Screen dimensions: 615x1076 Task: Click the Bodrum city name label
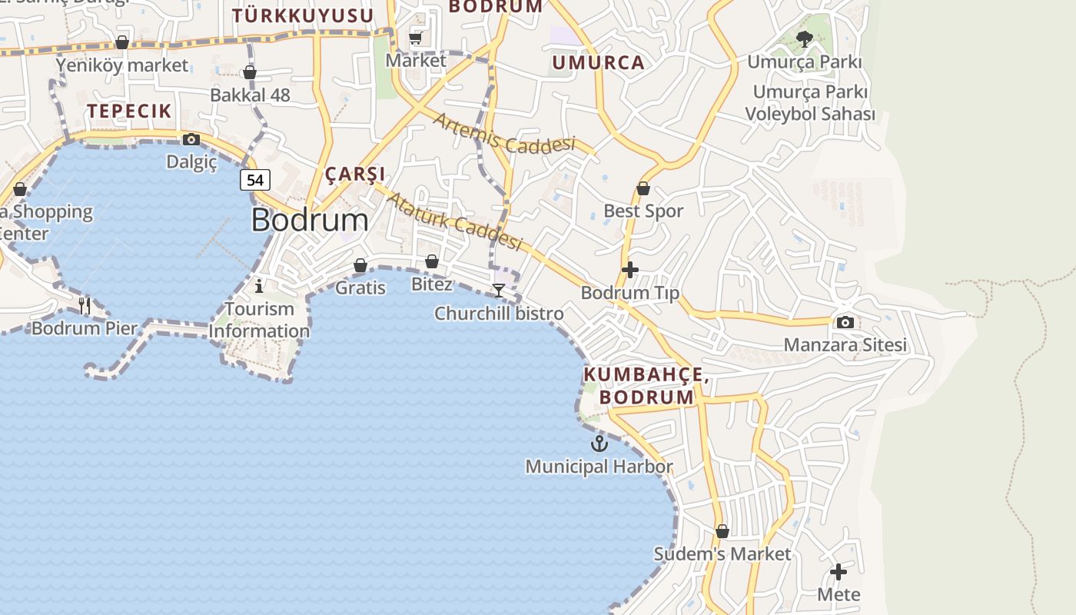[310, 221]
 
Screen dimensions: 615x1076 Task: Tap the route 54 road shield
[255, 180]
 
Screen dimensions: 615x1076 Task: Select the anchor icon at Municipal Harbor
[599, 444]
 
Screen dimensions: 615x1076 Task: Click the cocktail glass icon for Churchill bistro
[499, 291]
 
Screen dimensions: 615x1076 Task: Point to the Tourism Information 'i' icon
[259, 286]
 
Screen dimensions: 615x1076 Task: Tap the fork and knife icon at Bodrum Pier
[85, 306]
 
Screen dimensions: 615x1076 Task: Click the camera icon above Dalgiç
[191, 139]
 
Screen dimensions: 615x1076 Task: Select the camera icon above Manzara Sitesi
[845, 322]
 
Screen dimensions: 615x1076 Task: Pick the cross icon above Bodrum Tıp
[630, 270]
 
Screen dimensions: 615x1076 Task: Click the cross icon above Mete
[839, 572]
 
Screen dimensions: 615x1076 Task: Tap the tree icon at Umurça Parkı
[805, 38]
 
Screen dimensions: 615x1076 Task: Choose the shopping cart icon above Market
[416, 37]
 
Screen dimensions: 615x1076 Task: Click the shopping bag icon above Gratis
[360, 265]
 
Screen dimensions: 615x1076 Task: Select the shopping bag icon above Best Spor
[643, 188]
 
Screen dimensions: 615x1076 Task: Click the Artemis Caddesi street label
[504, 132]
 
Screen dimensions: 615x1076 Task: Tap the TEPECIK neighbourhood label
[129, 111]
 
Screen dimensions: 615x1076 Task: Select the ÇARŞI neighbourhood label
[355, 174]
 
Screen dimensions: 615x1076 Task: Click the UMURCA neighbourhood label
[598, 63]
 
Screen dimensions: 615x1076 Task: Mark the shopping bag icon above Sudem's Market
[722, 531]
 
